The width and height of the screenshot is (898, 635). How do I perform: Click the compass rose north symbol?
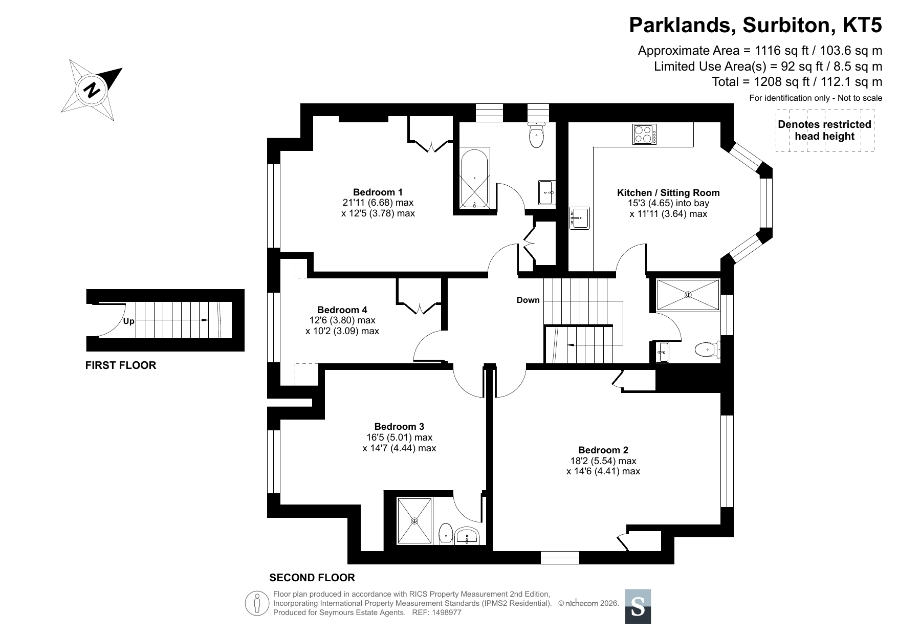[92, 90]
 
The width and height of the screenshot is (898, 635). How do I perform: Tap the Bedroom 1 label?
[378, 192]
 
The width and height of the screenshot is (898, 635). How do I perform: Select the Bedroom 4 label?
[342, 310]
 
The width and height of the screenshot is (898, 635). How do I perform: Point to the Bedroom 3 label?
[399, 426]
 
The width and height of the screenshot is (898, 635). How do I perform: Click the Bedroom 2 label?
[603, 450]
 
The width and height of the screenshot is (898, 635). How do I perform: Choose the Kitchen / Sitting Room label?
[668, 193]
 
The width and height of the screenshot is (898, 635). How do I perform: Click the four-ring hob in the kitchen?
[645, 135]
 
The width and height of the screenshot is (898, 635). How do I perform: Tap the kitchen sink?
[580, 218]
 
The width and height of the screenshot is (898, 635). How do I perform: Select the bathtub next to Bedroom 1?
[475, 179]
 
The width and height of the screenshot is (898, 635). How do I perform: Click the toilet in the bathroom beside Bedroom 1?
[536, 135]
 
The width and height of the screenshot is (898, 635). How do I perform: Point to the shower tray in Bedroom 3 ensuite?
[415, 520]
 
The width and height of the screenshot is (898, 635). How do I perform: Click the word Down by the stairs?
[528, 300]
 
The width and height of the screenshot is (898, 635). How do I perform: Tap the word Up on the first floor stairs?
[128, 321]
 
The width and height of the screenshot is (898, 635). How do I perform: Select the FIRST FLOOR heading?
[121, 365]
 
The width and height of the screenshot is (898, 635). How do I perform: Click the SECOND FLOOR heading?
[312, 578]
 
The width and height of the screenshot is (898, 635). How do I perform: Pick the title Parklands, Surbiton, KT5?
[756, 25]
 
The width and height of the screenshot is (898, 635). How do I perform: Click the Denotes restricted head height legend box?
[825, 130]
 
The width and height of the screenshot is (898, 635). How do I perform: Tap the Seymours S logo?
[638, 606]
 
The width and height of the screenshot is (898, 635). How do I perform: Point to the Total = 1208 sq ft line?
[797, 81]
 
